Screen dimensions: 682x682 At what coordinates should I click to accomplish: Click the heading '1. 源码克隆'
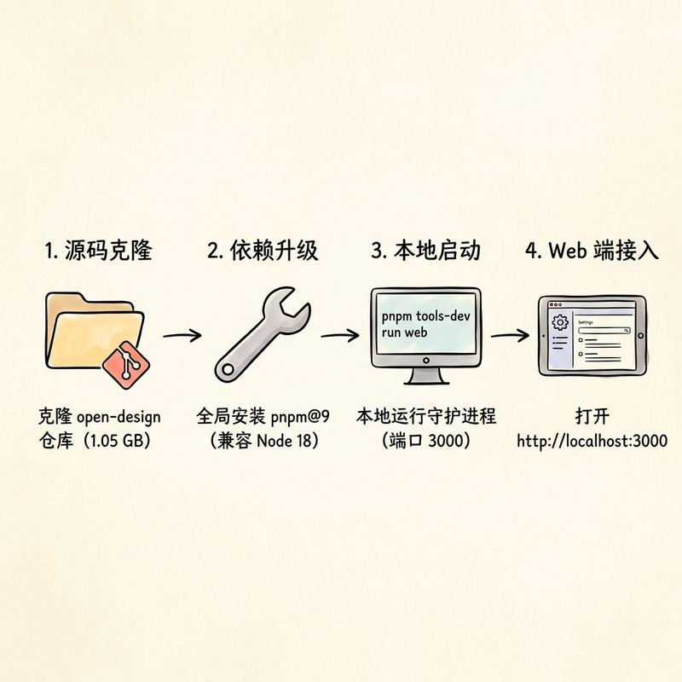tap(99, 250)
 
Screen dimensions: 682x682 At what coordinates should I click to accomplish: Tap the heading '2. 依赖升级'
tap(263, 250)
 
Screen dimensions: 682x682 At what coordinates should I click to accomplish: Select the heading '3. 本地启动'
tap(425, 250)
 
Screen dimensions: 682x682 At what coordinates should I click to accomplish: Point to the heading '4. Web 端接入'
tap(592, 250)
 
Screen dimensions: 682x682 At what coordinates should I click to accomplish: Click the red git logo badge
tap(126, 365)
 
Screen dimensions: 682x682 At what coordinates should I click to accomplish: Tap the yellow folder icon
tap(94, 331)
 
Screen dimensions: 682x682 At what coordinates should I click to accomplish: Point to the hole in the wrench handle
tap(228, 370)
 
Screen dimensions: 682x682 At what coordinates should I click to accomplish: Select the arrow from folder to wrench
tap(182, 335)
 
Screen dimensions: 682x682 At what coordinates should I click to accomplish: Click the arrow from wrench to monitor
tap(340, 335)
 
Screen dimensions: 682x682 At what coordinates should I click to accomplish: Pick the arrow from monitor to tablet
tap(510, 335)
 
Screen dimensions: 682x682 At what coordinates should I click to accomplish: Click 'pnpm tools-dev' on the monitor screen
tap(425, 316)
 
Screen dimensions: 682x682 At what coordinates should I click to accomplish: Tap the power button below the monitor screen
tap(425, 361)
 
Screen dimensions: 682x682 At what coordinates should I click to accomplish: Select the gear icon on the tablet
tap(560, 322)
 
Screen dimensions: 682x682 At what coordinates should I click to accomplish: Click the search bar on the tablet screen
tap(604, 331)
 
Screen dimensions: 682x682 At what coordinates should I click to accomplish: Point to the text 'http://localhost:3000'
tap(592, 441)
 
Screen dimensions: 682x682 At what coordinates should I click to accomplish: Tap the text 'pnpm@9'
tap(300, 418)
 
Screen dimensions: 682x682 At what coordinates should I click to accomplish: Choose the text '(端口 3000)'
tap(425, 441)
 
